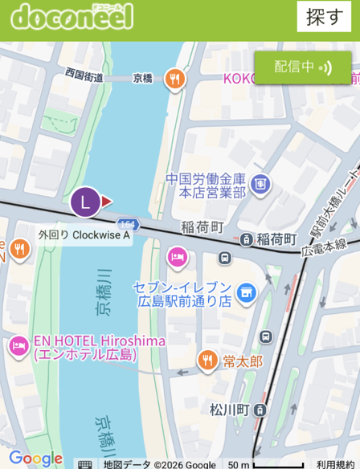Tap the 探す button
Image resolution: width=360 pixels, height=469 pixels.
pyautogui.click(x=325, y=16)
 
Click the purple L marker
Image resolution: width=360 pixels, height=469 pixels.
pyautogui.click(x=86, y=202)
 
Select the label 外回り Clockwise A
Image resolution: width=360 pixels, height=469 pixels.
pyautogui.click(x=84, y=235)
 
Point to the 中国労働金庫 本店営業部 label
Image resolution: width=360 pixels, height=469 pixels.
pyautogui.click(x=206, y=186)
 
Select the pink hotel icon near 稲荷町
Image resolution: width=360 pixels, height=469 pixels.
pyautogui.click(x=177, y=257)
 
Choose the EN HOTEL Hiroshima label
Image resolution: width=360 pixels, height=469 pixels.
pyautogui.click(x=99, y=347)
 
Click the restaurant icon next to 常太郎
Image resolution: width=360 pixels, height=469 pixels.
pyautogui.click(x=207, y=361)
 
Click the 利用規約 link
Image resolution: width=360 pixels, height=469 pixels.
pyautogui.click(x=336, y=463)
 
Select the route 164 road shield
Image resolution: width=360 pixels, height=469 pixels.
pyautogui.click(x=128, y=222)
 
